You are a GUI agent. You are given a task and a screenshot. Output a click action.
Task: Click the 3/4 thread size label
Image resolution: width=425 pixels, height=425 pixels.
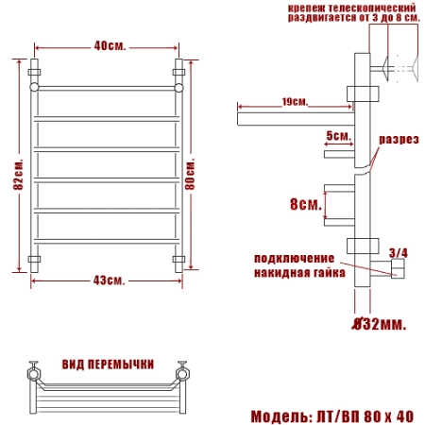(x=399, y=253)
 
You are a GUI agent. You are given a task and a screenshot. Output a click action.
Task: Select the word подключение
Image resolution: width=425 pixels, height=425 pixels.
(x=294, y=258)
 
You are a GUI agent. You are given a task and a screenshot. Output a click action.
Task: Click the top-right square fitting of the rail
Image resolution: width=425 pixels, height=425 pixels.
(x=179, y=71)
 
